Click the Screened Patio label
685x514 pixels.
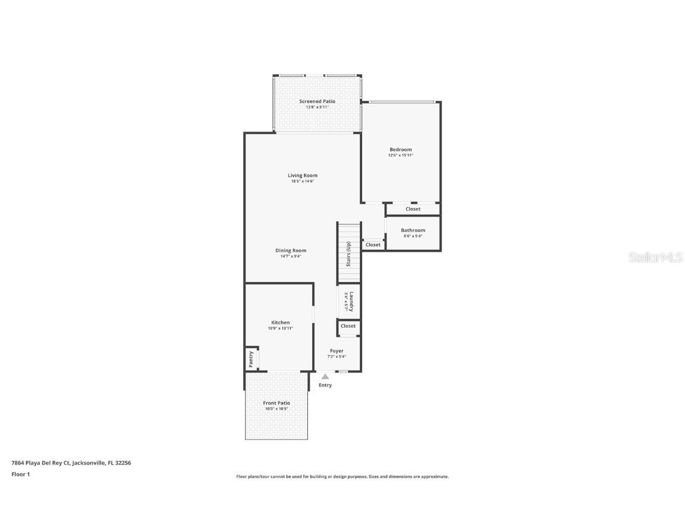pos(317,102)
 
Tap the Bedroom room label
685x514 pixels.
pos(400,150)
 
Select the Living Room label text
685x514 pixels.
pos(303,175)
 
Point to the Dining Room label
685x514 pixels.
pos(291,250)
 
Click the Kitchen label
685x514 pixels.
pos(281,322)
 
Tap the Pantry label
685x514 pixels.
pos(251,358)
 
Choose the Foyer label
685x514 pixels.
pos(337,351)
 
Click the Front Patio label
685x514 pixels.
pos(276,403)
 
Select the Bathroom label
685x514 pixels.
pos(413,230)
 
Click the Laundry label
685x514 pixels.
pos(351,302)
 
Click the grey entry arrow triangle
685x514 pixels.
pos(325,377)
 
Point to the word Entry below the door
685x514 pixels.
pos(325,385)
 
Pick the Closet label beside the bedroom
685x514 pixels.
pos(413,209)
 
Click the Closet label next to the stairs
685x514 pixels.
pos(373,245)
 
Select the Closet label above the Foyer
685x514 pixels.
pos(348,326)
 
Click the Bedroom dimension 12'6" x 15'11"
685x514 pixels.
pos(400,155)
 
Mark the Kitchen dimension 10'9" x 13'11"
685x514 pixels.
pos(281,328)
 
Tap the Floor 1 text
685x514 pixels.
pos(20,474)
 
